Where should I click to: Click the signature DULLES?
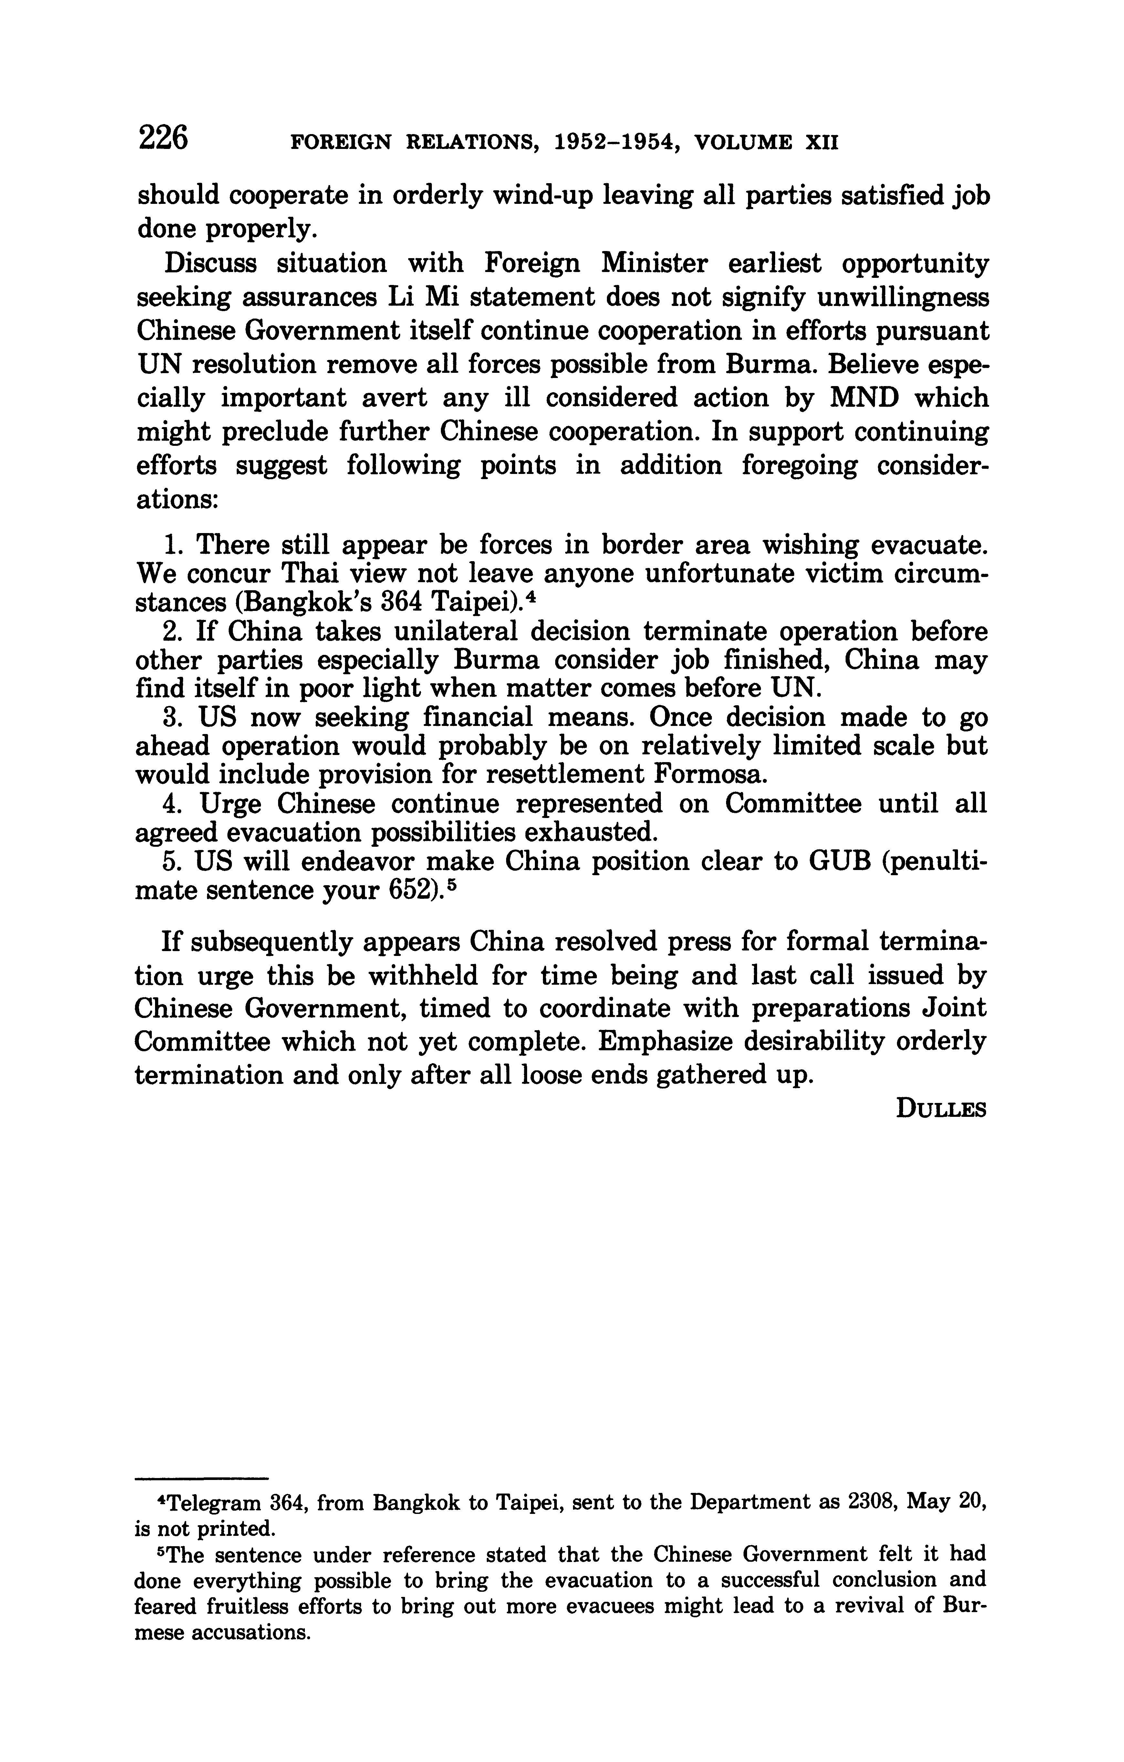(941, 1110)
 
